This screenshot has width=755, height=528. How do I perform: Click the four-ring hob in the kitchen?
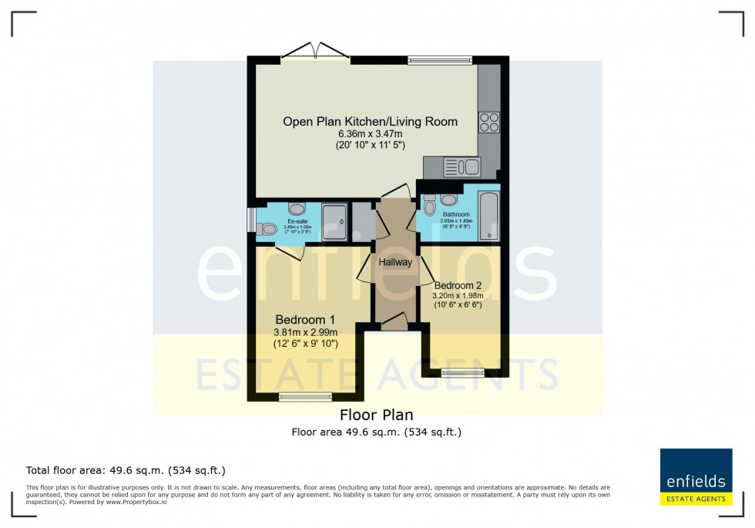click(489, 122)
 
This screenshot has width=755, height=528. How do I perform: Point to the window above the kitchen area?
click(440, 59)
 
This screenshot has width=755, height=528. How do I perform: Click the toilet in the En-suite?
click(267, 229)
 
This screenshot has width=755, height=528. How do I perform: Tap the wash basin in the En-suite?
click(297, 208)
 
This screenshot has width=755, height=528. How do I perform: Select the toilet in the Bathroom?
click(429, 206)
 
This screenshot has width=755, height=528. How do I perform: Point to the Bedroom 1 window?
click(300, 398)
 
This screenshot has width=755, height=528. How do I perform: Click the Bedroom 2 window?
click(463, 373)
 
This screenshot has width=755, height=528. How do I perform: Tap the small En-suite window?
click(250, 219)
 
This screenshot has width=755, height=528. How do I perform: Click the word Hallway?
click(394, 262)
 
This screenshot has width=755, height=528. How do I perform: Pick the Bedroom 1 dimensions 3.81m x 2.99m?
click(306, 332)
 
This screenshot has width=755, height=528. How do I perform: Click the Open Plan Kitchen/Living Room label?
click(370, 121)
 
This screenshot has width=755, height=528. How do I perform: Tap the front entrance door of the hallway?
click(394, 321)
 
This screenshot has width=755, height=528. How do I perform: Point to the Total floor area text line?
click(126, 469)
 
